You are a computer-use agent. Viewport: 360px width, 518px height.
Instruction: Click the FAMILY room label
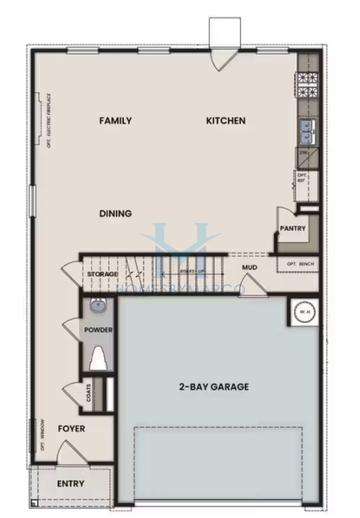click(x=115, y=121)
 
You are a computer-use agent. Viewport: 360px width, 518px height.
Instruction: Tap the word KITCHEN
click(x=225, y=121)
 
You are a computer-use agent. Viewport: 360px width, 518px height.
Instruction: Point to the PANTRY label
click(x=293, y=227)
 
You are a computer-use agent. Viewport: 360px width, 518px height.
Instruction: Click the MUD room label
click(x=249, y=268)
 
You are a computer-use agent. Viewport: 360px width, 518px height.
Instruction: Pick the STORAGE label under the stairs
click(x=102, y=274)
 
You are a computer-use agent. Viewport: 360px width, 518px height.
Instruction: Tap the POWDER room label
click(x=97, y=330)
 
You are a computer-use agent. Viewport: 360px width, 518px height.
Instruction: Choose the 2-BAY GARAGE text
click(x=214, y=385)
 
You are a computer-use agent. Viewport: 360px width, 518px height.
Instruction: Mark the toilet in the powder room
click(x=97, y=357)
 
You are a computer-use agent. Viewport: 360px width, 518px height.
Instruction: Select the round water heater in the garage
click(x=302, y=311)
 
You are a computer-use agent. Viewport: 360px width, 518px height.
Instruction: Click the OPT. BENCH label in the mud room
click(x=300, y=264)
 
